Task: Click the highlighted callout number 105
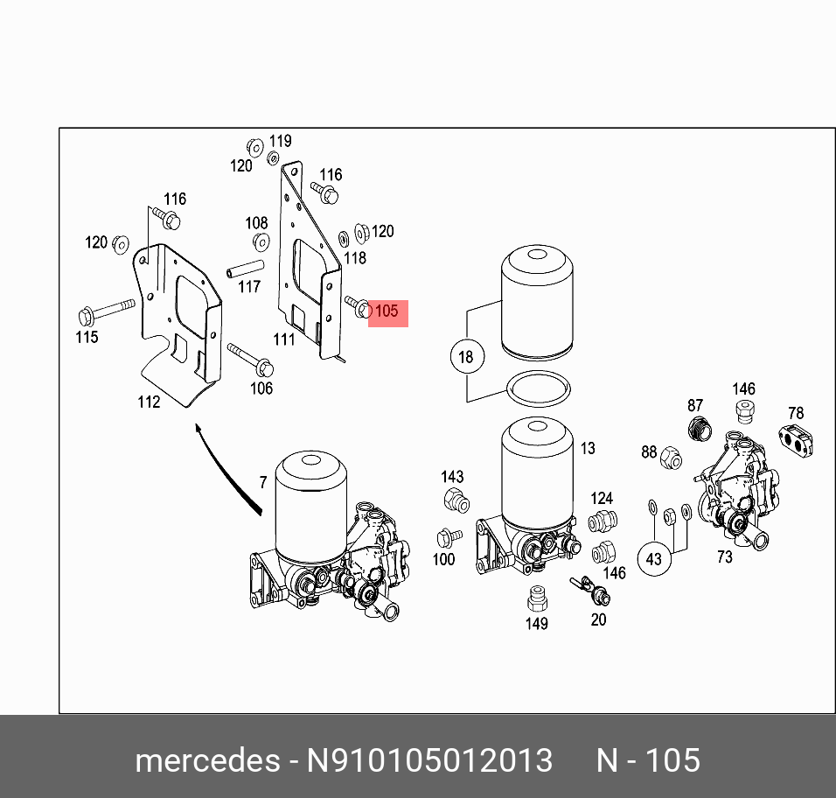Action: [x=387, y=311]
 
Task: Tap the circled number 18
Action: [x=465, y=356]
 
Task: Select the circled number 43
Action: [x=655, y=557]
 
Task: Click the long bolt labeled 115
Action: [x=105, y=311]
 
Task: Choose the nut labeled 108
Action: [x=261, y=242]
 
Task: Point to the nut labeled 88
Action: [x=671, y=456]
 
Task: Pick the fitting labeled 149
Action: [x=536, y=598]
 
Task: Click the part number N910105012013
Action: [x=428, y=759]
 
